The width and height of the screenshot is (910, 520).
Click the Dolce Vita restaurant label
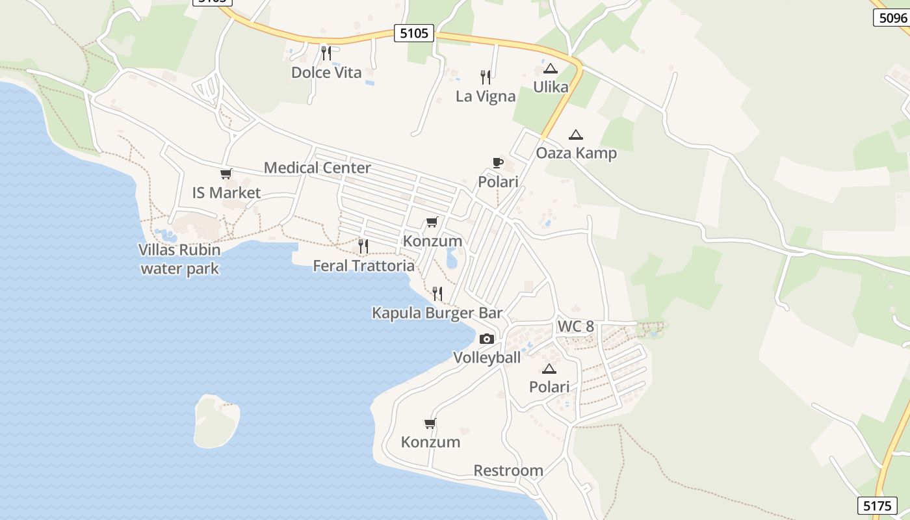[326, 72]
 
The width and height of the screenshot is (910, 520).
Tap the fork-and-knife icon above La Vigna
[486, 77]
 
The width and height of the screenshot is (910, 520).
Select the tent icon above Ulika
[551, 68]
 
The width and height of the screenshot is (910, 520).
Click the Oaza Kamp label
[576, 153]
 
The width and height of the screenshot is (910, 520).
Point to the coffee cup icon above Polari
[498, 162]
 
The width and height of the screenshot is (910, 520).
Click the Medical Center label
[317, 168]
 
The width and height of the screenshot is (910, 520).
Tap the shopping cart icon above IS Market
[226, 174]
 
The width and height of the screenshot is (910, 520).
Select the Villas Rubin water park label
[179, 259]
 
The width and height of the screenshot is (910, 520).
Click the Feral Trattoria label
[363, 265]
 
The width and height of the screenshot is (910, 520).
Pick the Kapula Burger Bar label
[437, 313]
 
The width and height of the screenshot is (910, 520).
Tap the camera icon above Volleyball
[486, 339]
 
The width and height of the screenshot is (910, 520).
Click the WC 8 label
[575, 326]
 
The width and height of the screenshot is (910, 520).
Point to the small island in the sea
[216, 421]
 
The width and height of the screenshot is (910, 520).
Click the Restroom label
[508, 470]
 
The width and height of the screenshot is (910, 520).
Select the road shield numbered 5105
[413, 33]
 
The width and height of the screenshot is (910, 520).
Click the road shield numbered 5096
[892, 18]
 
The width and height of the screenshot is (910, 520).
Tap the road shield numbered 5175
[877, 505]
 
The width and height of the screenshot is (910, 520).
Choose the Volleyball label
[487, 357]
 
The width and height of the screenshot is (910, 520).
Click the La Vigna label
[486, 96]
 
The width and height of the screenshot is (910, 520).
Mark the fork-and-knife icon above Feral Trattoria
[363, 246]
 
